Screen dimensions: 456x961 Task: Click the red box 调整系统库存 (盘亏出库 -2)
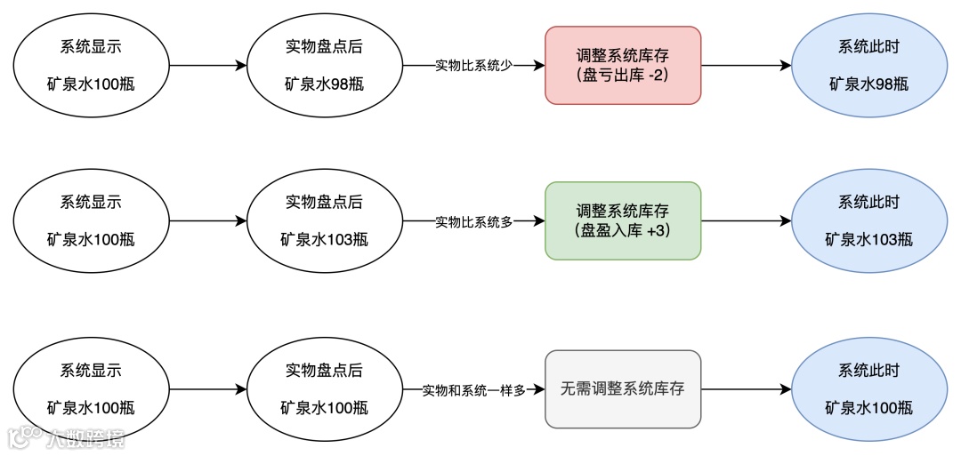623,66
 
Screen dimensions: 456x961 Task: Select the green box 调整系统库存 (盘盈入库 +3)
623,220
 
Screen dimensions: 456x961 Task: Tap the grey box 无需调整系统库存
623,388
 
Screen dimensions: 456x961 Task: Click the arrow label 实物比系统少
473,66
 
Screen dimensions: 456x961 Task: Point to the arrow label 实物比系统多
473,221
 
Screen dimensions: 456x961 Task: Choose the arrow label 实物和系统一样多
473,389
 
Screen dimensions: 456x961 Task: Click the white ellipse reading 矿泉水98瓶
324,66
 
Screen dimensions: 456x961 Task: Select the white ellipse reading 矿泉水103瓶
324,220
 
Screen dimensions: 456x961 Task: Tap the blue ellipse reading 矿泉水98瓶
868,66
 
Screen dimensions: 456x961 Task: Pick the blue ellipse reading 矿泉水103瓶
868,220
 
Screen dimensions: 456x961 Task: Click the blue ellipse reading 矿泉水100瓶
868,389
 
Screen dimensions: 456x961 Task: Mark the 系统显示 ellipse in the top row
91,66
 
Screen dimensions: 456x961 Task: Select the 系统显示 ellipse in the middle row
91,220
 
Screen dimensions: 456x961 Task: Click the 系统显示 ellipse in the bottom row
91,389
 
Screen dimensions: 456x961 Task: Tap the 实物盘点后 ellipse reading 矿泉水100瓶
324,389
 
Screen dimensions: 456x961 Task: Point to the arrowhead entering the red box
539,66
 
